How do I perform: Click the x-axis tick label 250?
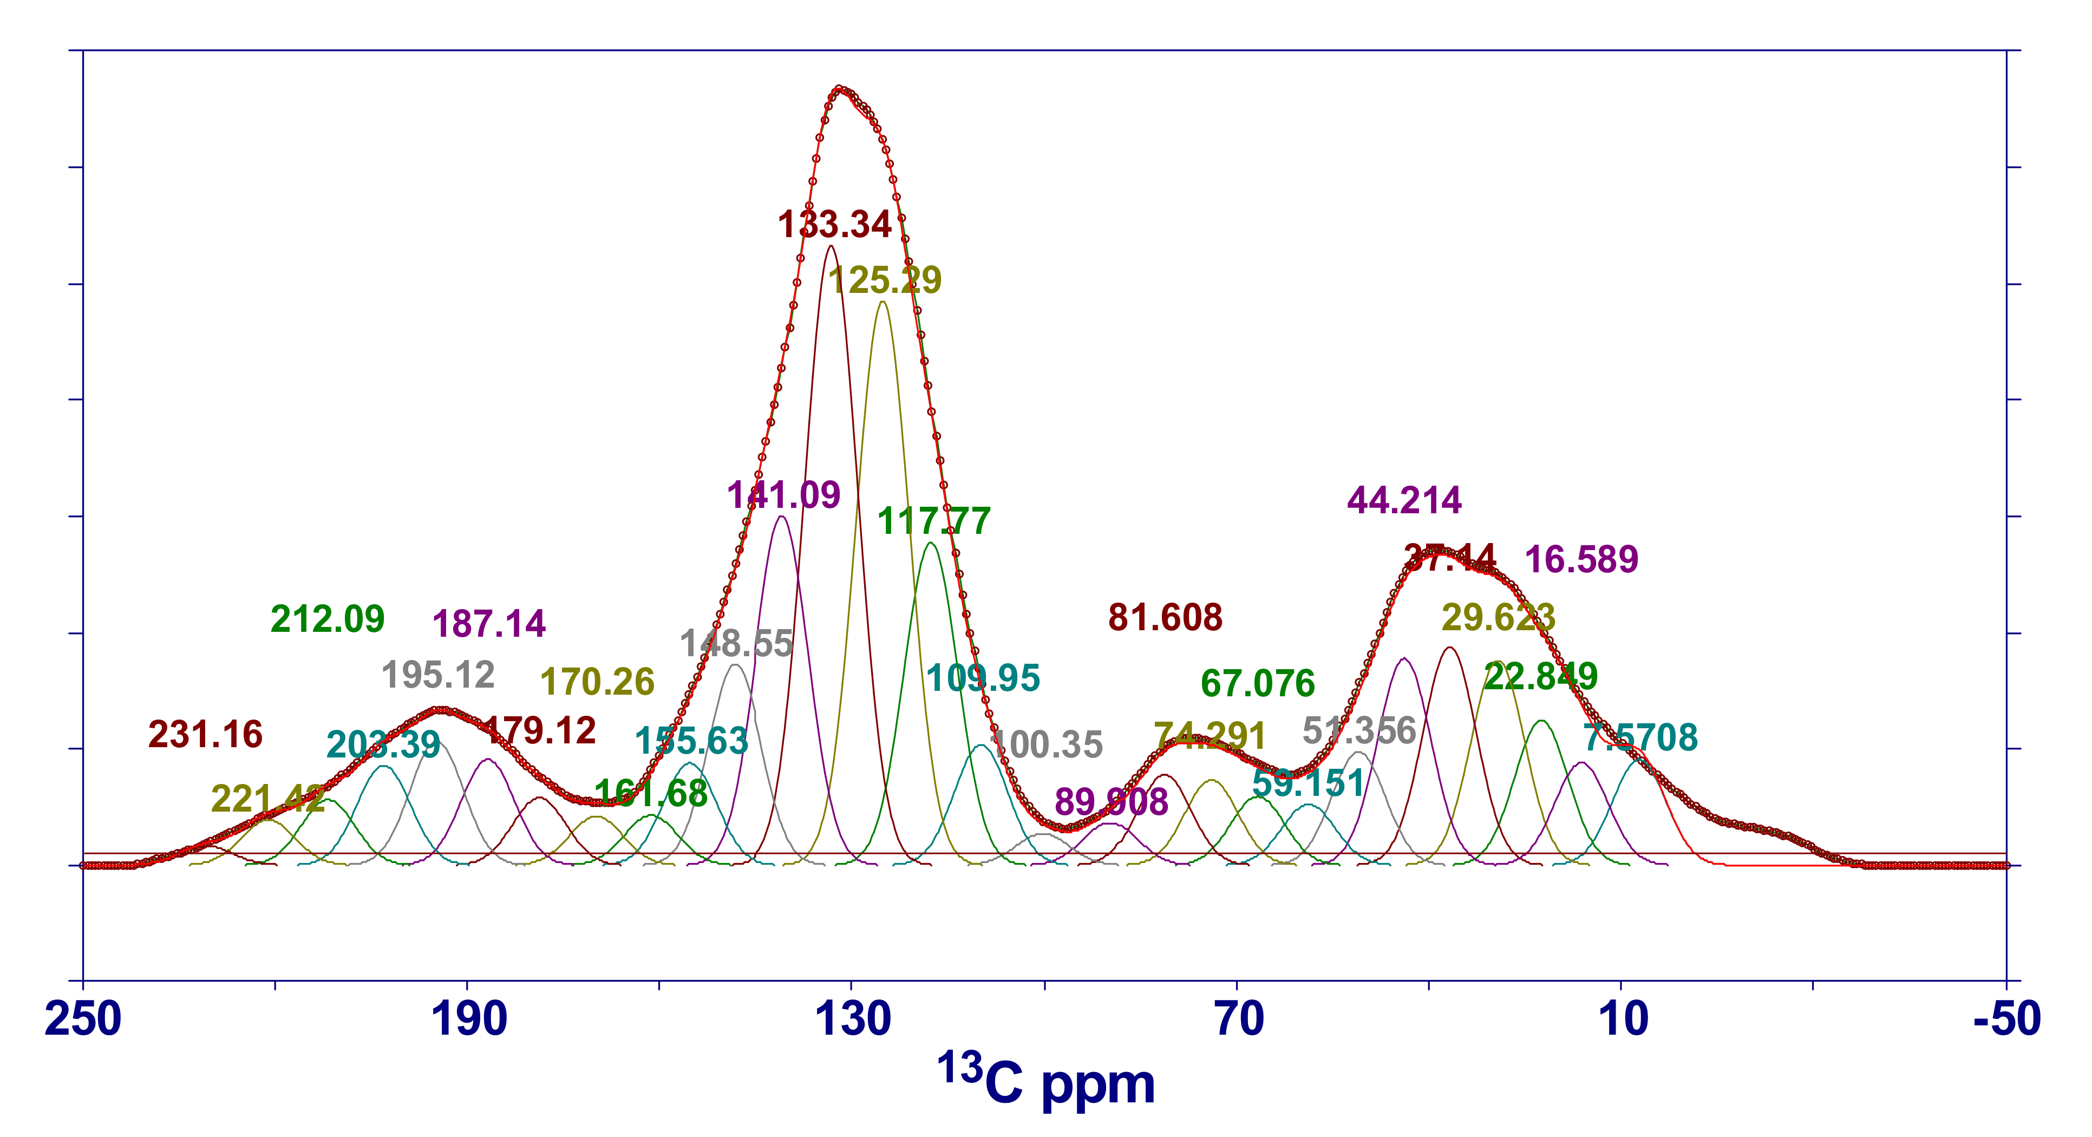83,1019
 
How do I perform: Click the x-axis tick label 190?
469,1019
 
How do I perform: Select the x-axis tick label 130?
853,1019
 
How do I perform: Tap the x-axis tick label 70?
1239,1019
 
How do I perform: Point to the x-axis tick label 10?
1623,1019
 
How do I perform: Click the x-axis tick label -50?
2006,1019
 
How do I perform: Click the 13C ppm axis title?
1046,1080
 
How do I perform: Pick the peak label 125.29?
885,280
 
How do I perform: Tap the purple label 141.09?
784,495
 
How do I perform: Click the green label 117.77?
934,521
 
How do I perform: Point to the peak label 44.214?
1404,500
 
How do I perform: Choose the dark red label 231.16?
206,734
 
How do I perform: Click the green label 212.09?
327,619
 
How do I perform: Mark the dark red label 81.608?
1165,617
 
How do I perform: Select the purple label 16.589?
1581,560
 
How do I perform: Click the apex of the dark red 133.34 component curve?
830,245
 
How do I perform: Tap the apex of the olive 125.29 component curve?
882,302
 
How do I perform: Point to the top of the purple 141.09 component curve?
781,517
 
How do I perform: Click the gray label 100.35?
1047,745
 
